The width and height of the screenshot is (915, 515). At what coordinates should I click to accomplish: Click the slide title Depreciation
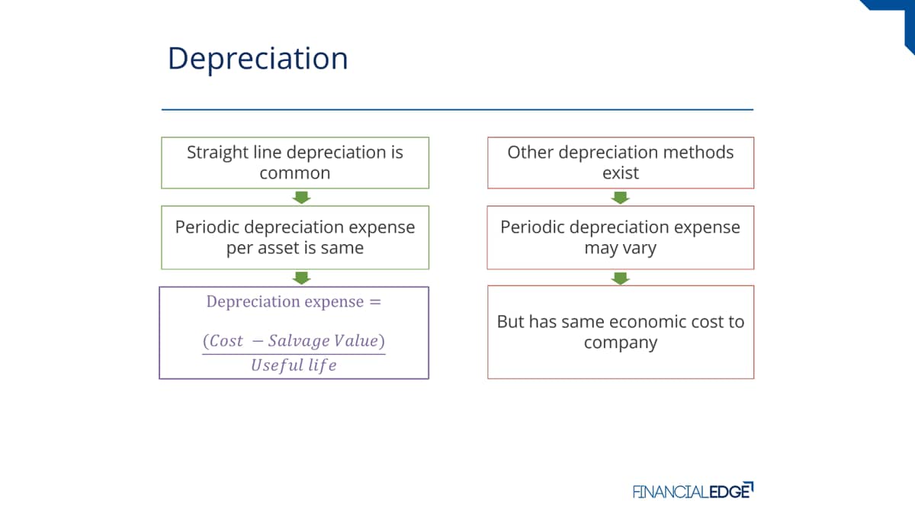(258, 59)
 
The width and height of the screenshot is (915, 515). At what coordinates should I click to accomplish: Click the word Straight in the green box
(217, 153)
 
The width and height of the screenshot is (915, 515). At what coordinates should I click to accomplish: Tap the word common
(295, 173)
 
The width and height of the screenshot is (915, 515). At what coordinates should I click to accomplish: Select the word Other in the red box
(530, 152)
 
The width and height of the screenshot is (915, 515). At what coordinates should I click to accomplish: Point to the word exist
(621, 173)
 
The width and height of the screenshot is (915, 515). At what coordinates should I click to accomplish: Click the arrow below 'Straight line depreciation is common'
(301, 198)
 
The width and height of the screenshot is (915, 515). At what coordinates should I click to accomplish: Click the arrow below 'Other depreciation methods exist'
(620, 198)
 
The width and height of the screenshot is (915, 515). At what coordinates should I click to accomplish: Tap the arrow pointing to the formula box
(301, 278)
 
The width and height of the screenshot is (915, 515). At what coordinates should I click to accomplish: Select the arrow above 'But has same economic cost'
(620, 278)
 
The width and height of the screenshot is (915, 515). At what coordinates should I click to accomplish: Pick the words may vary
(620, 248)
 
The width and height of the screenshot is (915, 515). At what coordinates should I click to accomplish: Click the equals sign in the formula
(375, 302)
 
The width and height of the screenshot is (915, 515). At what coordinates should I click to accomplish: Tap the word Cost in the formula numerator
(226, 341)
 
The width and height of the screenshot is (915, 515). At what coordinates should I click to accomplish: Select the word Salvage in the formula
(299, 341)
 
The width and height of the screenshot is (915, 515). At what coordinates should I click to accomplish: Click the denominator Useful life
(294, 365)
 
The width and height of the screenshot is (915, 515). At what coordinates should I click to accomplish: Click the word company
(621, 343)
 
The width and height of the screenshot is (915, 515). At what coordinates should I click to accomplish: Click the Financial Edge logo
(693, 491)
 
